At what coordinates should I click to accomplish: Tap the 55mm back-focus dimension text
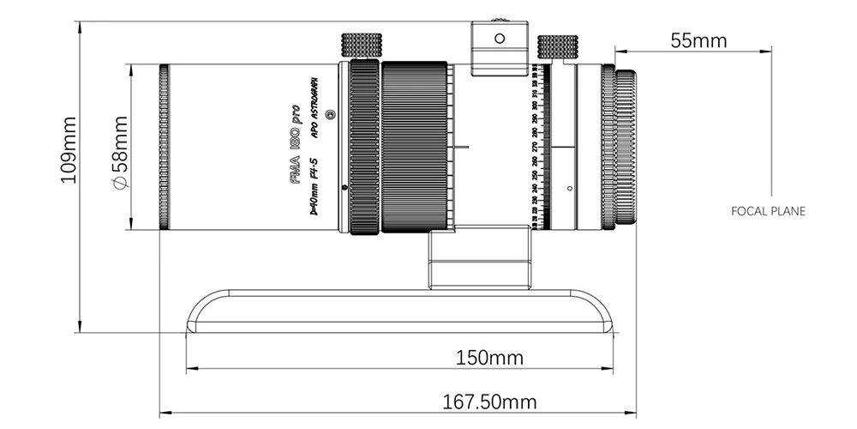click(698, 40)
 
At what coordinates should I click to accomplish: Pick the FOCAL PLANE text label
click(769, 209)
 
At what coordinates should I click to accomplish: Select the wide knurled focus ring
click(415, 147)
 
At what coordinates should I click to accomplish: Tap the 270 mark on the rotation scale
click(536, 147)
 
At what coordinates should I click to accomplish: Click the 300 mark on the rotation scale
click(536, 106)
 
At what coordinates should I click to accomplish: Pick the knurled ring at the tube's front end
click(163, 147)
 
